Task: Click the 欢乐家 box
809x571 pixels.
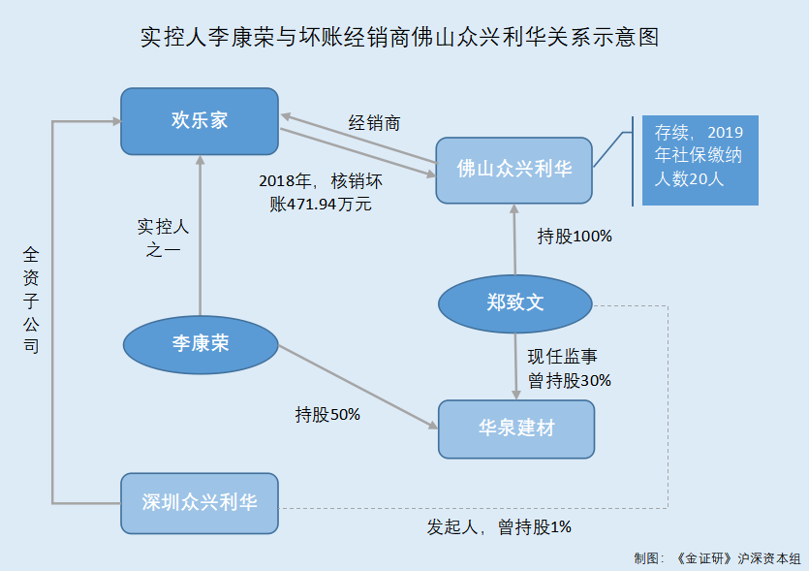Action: point(199,121)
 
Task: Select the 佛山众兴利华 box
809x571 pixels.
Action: point(513,170)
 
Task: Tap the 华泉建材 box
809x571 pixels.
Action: point(515,428)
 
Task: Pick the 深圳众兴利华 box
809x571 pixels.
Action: point(199,502)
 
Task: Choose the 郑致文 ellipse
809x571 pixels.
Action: point(514,303)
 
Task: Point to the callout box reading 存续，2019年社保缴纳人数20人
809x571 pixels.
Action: point(700,160)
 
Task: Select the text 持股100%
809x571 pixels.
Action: point(575,236)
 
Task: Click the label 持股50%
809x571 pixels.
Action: point(327,415)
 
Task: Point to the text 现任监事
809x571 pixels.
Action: point(562,357)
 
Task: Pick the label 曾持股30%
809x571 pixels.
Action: point(569,380)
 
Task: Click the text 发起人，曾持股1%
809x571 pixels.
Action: point(499,527)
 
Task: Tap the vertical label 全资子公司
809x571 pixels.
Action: point(31,299)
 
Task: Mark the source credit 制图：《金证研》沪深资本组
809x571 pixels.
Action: point(717,558)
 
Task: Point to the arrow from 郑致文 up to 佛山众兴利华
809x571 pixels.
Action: point(514,242)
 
